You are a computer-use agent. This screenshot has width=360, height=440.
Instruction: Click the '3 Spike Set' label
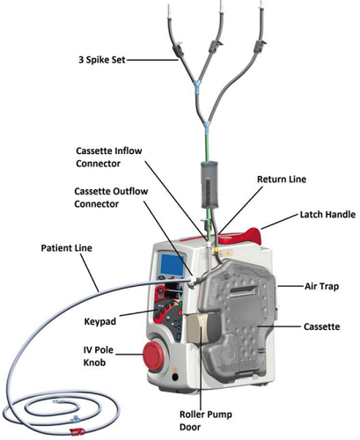102,60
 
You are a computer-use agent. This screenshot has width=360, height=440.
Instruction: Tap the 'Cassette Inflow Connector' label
109,157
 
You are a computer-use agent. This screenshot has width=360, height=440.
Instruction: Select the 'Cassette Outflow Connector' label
111,197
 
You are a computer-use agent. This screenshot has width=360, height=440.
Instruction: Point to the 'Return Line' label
282,180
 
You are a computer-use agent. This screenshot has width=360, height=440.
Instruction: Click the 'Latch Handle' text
327,215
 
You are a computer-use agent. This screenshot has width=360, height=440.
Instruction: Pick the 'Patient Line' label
66,248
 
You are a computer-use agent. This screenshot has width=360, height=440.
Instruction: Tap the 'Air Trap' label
321,286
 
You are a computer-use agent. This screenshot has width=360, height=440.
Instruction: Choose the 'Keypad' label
100,321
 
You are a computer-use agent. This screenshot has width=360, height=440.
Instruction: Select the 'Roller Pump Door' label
206,421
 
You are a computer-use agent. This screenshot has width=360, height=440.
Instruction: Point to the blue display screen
173,265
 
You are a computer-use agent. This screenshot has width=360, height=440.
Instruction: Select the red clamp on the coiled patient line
77,431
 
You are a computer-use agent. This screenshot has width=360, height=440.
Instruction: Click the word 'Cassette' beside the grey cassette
321,326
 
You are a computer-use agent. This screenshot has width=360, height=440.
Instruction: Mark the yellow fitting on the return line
217,250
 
